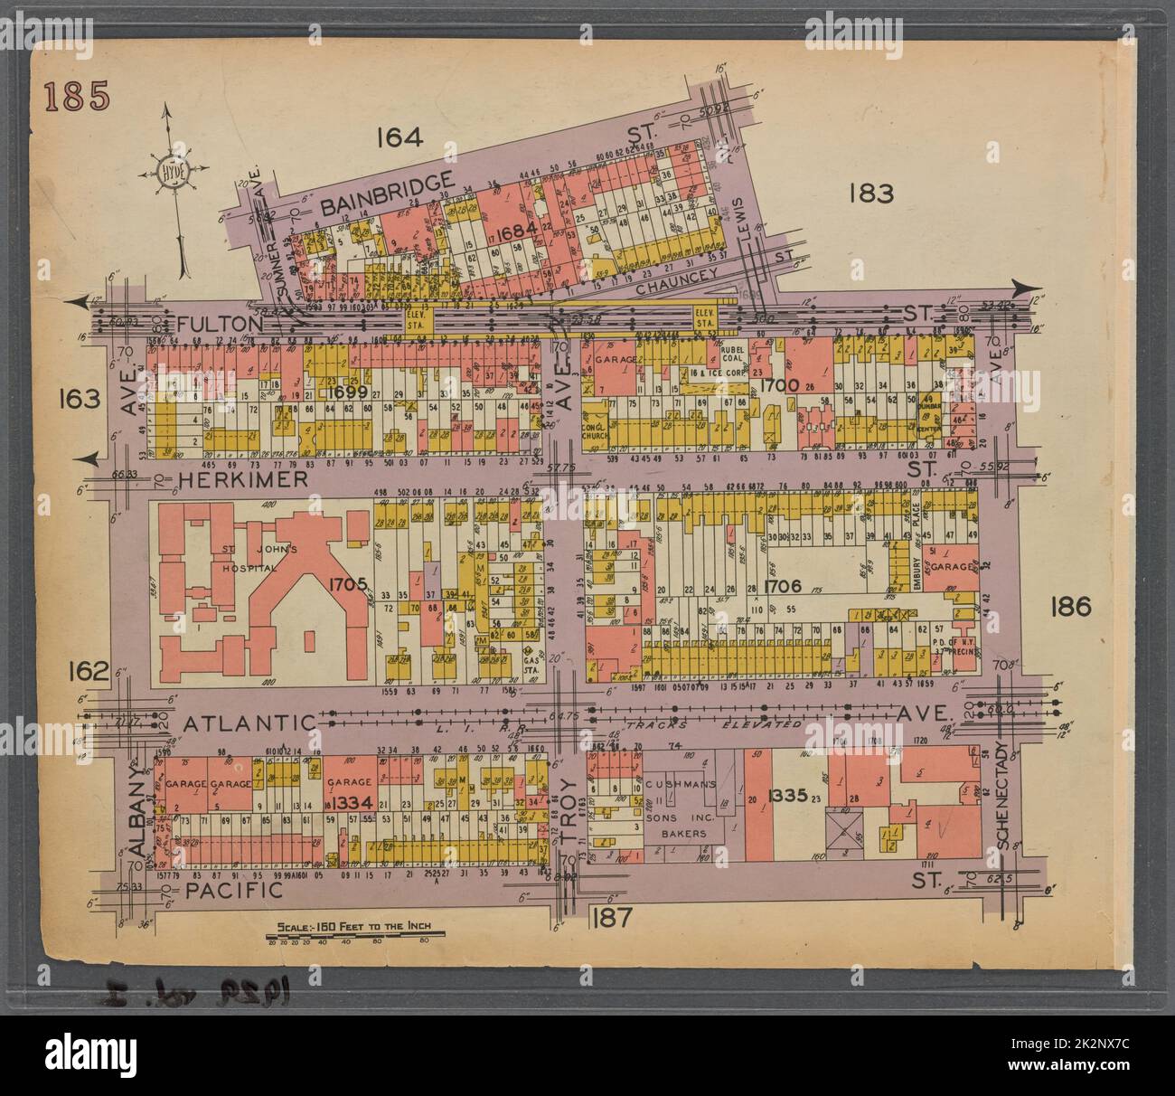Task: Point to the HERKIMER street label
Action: [243, 479]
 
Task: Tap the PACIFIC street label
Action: [233, 891]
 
